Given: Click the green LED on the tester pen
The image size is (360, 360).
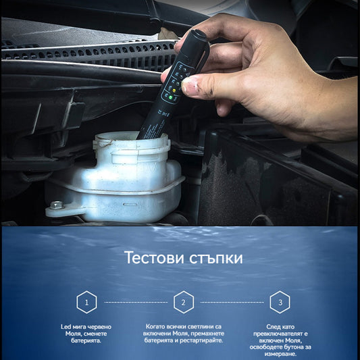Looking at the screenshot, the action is (x=171, y=97).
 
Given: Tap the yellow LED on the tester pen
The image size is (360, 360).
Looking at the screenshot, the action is (x=174, y=90).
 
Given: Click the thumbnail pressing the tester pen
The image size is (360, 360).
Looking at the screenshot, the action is (x=188, y=88).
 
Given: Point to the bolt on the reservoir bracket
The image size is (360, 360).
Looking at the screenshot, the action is (x=56, y=205).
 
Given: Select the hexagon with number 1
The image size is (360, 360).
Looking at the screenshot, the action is (x=86, y=302).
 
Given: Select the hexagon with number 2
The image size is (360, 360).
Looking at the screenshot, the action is (x=184, y=302).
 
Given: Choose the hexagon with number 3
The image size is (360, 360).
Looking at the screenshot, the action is (x=280, y=302).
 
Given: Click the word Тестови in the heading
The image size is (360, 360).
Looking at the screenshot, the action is (x=154, y=257).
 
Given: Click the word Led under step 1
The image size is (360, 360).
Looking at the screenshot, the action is (x=66, y=327).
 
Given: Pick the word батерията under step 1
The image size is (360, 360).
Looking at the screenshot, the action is (x=86, y=340).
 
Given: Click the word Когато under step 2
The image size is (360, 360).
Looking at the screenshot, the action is (x=155, y=326).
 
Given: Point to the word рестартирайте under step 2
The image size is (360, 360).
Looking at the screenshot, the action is (x=201, y=340).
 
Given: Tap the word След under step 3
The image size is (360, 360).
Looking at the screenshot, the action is (x=274, y=327).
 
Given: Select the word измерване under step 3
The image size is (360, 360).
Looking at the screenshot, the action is (x=280, y=355).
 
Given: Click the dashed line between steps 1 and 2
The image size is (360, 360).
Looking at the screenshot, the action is (x=136, y=303).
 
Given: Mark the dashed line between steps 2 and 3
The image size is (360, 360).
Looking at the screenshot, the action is (x=232, y=303).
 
